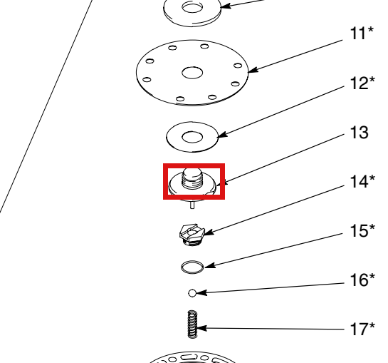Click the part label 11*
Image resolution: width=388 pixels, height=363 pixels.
[x=362, y=34]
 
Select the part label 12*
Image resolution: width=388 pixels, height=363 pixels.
[x=362, y=83]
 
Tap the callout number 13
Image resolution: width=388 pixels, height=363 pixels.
[x=360, y=133]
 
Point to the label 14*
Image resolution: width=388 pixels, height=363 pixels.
[x=362, y=181]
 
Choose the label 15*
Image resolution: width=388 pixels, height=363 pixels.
[x=362, y=230]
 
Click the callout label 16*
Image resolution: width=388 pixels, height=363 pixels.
[x=362, y=280]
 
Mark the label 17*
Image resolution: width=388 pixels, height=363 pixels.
[x=362, y=329]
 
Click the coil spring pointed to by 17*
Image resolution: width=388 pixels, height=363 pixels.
[x=192, y=324]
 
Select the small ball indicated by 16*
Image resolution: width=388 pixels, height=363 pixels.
[x=192, y=293]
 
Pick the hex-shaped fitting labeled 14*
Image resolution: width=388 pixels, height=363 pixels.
[x=192, y=235]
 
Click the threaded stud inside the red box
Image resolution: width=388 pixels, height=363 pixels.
[x=192, y=178]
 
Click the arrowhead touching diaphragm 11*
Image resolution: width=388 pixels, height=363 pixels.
[x=253, y=70]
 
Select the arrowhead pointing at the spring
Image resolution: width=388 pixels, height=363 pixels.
[x=201, y=328]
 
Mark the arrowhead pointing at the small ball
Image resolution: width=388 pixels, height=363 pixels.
[x=201, y=293]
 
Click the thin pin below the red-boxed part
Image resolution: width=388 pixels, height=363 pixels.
[x=192, y=205]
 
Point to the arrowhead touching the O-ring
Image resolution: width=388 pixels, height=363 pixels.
[x=210, y=266]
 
